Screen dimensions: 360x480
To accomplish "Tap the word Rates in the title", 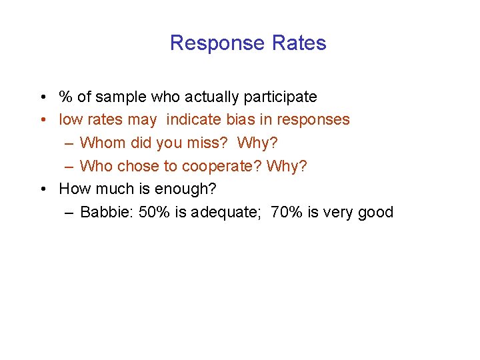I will (x=299, y=43).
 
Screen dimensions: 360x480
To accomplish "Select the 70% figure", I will (x=287, y=213).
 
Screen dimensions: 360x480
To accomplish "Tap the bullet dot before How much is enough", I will (x=42, y=189).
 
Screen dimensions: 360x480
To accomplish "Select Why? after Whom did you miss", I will (x=258, y=143).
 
